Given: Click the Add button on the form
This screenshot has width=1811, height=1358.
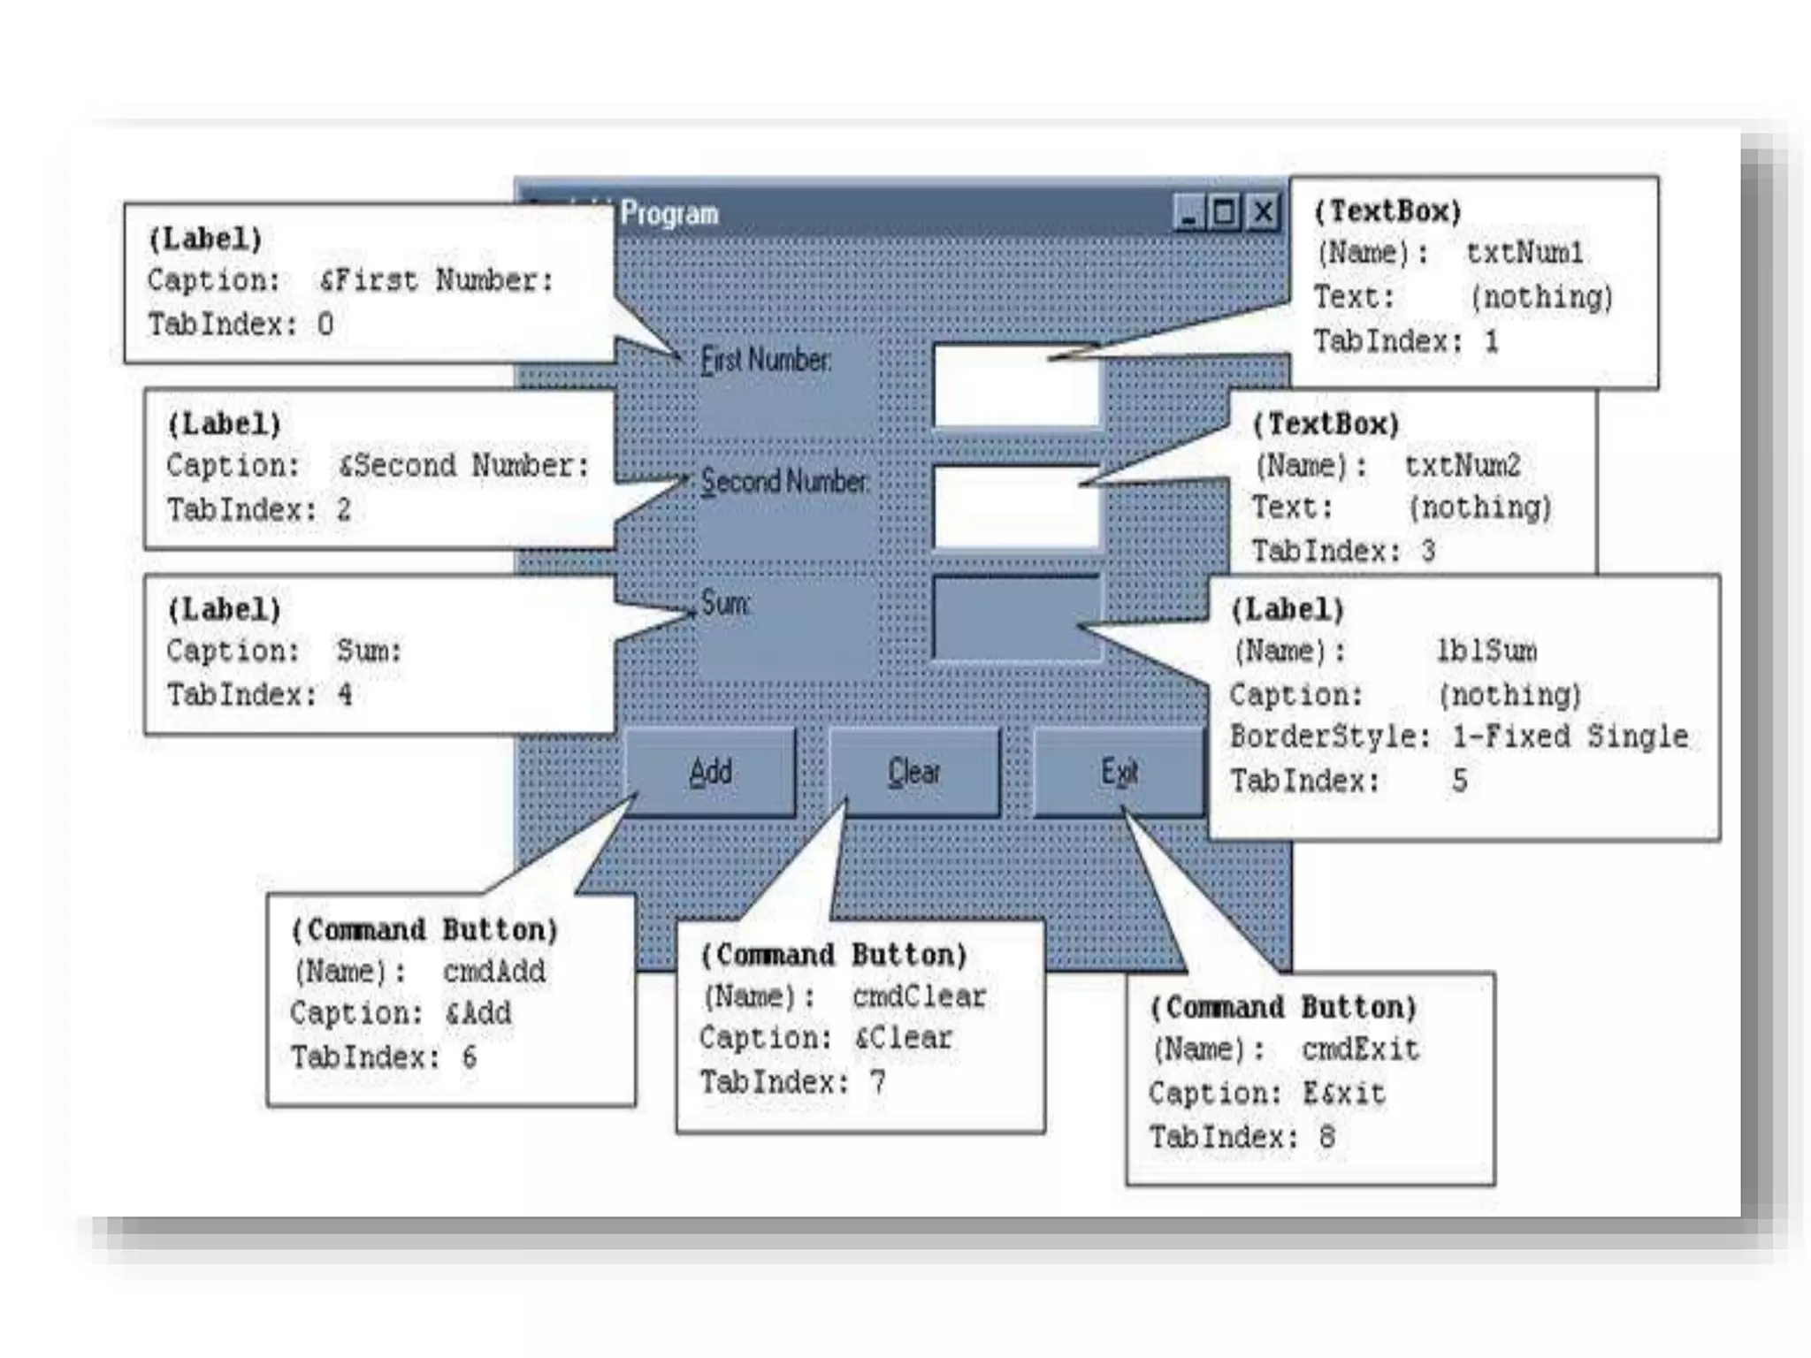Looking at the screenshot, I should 711,772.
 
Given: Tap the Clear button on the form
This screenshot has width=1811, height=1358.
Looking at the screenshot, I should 914,772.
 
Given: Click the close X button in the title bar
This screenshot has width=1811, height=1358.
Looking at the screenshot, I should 1264,213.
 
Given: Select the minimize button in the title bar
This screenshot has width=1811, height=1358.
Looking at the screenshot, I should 1188,213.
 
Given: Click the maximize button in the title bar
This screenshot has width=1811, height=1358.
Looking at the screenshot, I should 1226,213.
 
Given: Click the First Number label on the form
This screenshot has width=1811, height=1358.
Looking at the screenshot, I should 766,361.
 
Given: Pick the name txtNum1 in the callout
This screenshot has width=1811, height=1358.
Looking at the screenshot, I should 1524,253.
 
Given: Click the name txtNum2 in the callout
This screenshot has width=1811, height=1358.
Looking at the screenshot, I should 1463,465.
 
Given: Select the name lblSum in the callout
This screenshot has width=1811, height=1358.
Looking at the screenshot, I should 1486,652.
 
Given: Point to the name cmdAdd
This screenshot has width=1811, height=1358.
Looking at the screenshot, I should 494,972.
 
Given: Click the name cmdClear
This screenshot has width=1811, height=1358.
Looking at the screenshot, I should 919,996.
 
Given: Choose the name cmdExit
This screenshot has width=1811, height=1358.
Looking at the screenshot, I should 1360,1049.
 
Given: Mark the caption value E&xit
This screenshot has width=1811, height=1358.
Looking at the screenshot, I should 1344,1094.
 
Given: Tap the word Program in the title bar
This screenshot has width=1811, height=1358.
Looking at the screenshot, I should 669,214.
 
